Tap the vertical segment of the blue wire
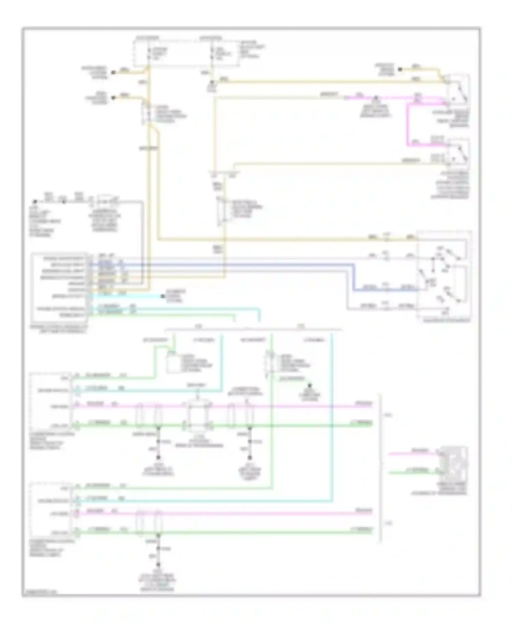tap(354, 276)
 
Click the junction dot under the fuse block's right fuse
tap(212, 82)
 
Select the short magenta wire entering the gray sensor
tap(413, 454)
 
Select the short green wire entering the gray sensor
tap(413, 473)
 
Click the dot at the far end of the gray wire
tap(34, 202)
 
